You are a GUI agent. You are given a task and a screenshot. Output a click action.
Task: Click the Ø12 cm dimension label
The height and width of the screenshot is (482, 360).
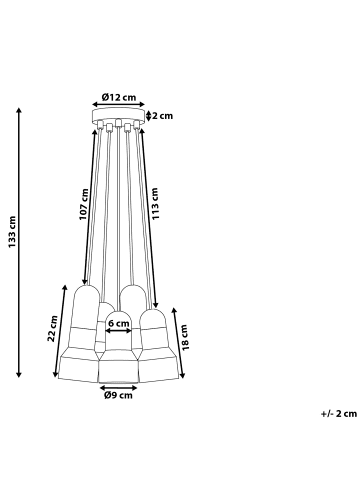(118, 97)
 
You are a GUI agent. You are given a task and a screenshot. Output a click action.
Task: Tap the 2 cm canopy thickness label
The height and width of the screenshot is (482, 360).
(161, 116)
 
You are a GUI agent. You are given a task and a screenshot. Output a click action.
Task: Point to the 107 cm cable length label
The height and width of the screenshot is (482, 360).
(85, 206)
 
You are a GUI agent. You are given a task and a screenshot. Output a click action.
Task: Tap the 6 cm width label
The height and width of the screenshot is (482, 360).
(118, 323)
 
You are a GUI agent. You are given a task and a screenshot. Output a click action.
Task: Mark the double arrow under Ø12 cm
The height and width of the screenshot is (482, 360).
(118, 107)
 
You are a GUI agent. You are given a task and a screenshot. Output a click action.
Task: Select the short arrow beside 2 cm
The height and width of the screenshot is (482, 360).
(148, 116)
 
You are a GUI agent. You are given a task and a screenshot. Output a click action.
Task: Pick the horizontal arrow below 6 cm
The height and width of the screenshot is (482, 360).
(118, 332)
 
